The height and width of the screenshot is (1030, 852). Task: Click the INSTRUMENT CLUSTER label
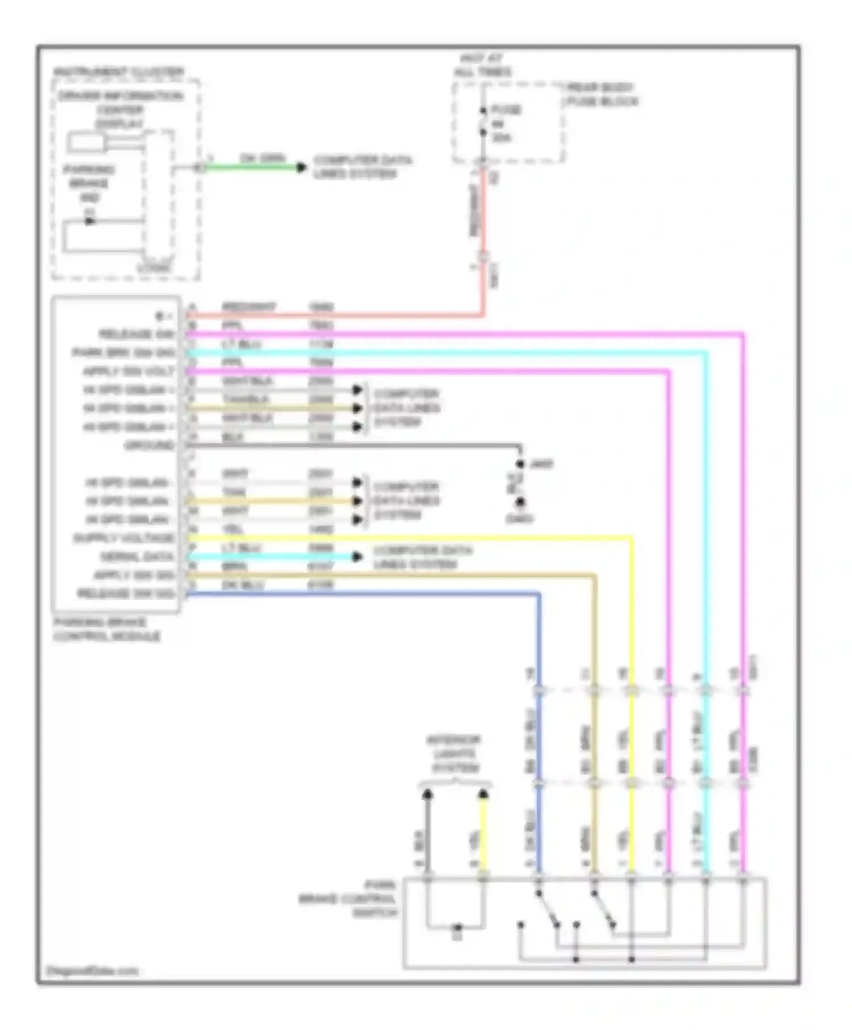click(118, 72)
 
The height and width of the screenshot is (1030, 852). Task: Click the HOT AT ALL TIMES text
click(482, 65)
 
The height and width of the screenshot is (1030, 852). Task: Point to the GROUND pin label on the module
click(149, 446)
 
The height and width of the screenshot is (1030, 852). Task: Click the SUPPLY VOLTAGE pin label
click(124, 538)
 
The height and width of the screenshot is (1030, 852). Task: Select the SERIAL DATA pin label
click(137, 557)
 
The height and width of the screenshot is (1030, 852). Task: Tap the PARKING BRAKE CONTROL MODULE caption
click(106, 630)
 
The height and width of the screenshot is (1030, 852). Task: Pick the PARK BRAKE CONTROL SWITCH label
click(348, 899)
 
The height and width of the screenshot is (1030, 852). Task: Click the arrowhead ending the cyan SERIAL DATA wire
click(357, 557)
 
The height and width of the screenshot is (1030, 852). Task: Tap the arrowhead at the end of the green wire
click(302, 168)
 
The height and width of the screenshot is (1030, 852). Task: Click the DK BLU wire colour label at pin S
click(243, 585)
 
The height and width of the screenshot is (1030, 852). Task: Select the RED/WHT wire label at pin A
click(249, 307)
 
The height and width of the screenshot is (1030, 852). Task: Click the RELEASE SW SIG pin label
click(126, 594)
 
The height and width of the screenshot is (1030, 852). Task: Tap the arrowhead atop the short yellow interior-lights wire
click(483, 793)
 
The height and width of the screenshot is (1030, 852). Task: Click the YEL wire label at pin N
click(233, 529)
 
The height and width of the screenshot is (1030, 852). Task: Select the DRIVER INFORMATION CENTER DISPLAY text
click(120, 110)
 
